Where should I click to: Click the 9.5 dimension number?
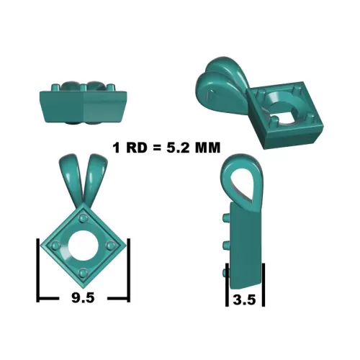tap(83, 298)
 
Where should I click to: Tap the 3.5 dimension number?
tap(244, 300)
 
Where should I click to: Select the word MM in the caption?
tap(207, 148)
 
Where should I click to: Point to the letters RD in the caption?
tap(136, 148)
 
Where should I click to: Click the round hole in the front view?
tap(83, 246)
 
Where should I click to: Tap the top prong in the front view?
tap(84, 218)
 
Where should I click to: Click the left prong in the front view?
tap(55, 246)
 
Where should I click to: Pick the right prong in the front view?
tap(111, 246)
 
